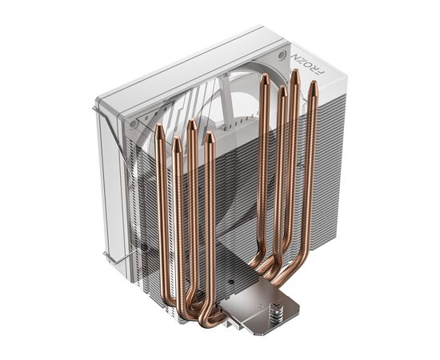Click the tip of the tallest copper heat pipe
point(295,74)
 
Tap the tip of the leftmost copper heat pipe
point(160,128)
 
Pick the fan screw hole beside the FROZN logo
point(281,57)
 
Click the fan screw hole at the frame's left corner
point(133,126)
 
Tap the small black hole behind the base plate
point(229,282)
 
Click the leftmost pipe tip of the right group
point(265,78)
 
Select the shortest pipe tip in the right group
point(282,90)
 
